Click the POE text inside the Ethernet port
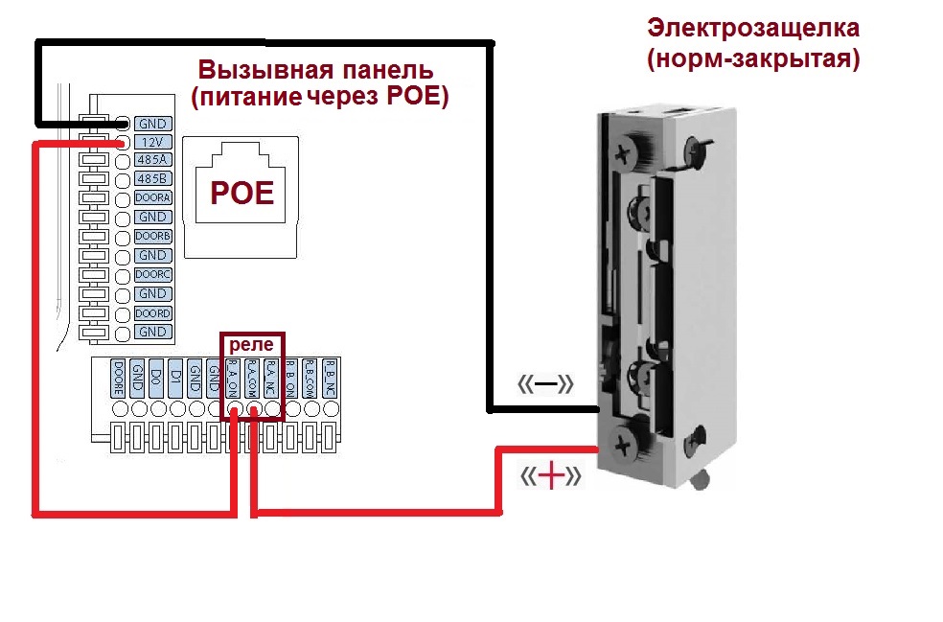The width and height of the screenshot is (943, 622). coord(241,194)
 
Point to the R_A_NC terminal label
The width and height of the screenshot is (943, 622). coord(272,379)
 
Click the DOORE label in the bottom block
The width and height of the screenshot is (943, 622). coord(119,379)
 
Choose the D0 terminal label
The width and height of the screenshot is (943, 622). coord(157,379)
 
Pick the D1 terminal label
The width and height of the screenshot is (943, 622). coord(176,379)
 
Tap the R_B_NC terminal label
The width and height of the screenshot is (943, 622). coord(330,379)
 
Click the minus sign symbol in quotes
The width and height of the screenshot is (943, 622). coord(546,385)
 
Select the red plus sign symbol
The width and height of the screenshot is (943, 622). coord(551,476)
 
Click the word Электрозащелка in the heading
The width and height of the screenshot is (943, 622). coord(753,27)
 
